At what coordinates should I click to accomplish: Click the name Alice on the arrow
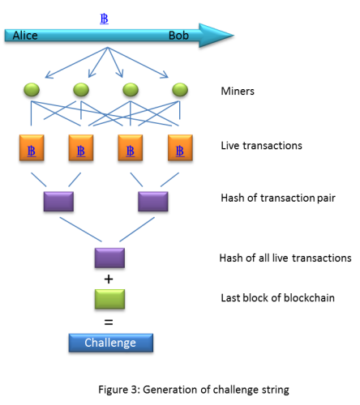(x=25, y=36)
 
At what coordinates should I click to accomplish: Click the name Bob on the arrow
(x=178, y=36)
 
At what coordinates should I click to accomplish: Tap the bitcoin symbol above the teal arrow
(x=104, y=19)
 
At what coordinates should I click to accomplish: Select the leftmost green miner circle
(x=32, y=90)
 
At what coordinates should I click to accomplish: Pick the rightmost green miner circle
(x=180, y=90)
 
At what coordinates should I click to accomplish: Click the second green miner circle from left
(x=81, y=90)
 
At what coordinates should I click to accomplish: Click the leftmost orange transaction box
(x=32, y=147)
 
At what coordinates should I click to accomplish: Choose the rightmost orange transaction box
(x=180, y=147)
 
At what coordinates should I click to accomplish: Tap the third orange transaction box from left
(x=131, y=147)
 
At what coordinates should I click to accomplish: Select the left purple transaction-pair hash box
(x=58, y=202)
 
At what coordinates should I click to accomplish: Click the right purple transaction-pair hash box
(x=153, y=202)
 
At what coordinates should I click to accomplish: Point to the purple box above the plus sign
(x=109, y=258)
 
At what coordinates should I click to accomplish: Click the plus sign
(x=109, y=279)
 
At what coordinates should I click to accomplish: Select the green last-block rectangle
(x=109, y=299)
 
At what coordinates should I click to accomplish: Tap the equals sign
(x=109, y=322)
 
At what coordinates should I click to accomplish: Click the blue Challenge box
(x=111, y=343)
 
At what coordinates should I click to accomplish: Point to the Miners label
(x=238, y=92)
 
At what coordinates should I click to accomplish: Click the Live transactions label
(x=261, y=146)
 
